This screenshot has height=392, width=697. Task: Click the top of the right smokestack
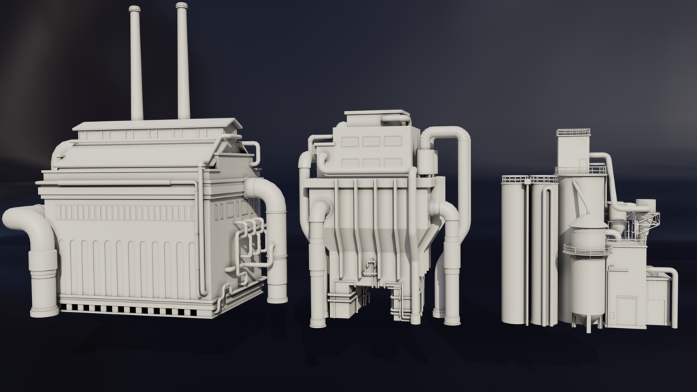(x=182, y=6)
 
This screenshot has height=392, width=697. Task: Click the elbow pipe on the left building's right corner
(x=270, y=197)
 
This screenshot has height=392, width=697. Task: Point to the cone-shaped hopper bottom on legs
(x=587, y=318)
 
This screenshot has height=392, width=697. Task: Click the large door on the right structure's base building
(x=626, y=310)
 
